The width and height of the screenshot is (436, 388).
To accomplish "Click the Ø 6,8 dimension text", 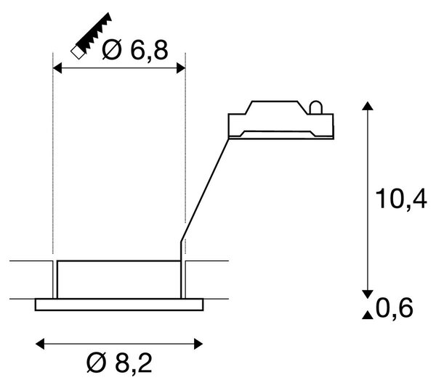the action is click(x=135, y=50).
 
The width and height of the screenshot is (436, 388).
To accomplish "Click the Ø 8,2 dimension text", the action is click(x=120, y=363).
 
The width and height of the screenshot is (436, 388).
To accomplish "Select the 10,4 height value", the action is click(x=401, y=199).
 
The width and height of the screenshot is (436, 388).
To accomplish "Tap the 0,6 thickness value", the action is click(x=395, y=307).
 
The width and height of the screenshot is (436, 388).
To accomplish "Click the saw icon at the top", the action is click(x=92, y=36).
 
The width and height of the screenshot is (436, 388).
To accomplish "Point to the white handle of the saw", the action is click(x=78, y=52).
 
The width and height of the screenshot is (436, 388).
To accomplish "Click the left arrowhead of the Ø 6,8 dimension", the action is click(x=57, y=68).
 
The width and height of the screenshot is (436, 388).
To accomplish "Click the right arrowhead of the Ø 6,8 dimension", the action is click(x=181, y=68).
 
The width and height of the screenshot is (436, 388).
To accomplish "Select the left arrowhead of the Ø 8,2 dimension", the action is click(x=40, y=344).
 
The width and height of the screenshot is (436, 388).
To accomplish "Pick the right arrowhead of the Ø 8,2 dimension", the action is click(x=198, y=344).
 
